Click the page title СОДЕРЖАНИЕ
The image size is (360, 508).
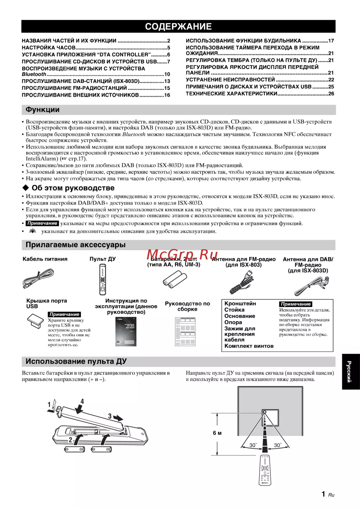178,26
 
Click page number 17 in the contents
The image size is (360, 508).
331,41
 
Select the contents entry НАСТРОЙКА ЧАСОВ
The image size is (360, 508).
49,47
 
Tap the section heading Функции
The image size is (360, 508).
42,110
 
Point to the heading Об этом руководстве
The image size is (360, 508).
73,188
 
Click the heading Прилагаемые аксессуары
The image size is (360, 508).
76,245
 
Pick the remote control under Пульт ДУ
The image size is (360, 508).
103,280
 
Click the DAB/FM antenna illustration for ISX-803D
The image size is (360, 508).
311,285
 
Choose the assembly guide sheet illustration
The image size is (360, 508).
185,331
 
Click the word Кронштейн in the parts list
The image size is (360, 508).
240,304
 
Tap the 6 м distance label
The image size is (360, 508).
217,433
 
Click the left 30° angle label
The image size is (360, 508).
253,445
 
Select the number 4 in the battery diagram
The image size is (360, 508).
82,401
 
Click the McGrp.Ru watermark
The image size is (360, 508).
182,255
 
